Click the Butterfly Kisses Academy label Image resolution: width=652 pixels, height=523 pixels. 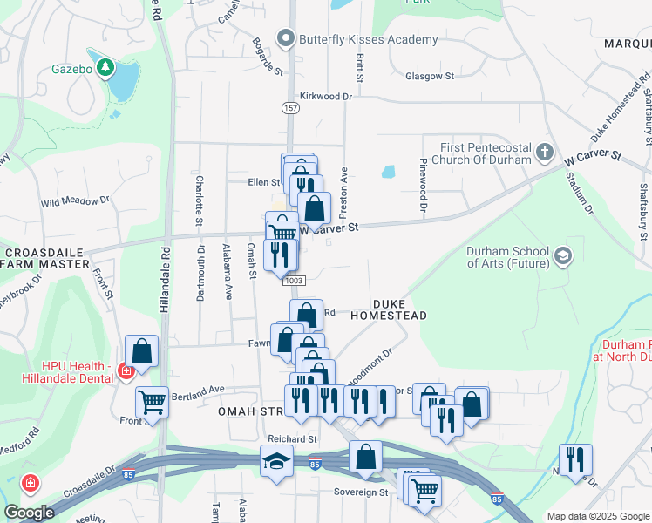(x=367, y=39)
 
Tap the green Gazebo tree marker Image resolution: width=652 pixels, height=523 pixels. (x=105, y=66)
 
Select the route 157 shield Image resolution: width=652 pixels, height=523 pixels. (x=290, y=107)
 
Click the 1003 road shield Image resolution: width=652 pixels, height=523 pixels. (x=294, y=280)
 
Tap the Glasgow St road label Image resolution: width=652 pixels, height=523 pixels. (x=430, y=77)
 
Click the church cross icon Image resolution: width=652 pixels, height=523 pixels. (x=545, y=153)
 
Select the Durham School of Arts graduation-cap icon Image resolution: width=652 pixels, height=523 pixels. (x=562, y=255)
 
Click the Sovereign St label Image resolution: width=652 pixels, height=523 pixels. (x=360, y=492)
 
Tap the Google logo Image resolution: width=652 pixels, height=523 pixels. (x=29, y=513)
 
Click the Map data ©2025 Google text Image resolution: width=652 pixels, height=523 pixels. (x=597, y=516)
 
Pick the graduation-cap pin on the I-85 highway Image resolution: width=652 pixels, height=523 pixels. (x=276, y=460)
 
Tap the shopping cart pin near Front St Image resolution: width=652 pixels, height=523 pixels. (x=152, y=404)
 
